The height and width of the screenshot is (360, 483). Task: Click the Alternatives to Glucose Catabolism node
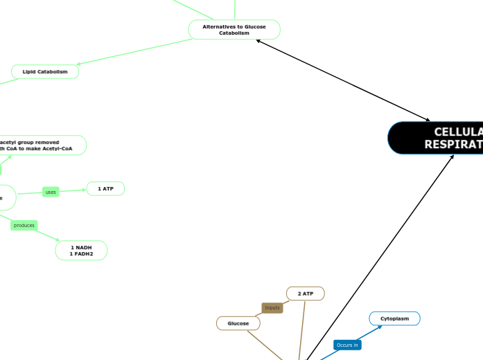(x=234, y=30)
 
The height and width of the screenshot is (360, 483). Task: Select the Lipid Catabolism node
(x=45, y=71)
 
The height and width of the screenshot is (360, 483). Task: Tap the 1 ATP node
(x=105, y=188)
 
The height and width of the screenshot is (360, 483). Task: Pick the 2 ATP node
(x=306, y=294)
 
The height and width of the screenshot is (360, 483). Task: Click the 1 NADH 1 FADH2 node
(x=81, y=251)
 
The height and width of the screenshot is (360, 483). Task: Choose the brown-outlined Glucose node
(x=238, y=323)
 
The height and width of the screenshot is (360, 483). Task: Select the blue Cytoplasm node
(x=394, y=318)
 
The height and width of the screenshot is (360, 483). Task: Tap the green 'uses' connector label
(x=51, y=192)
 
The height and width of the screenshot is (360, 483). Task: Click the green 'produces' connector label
(x=24, y=225)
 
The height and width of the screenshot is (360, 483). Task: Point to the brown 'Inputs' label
(x=272, y=307)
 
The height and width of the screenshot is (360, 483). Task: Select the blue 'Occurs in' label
(x=347, y=345)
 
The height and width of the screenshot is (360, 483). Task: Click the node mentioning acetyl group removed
(x=42, y=145)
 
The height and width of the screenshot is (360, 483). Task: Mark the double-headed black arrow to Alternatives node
(x=343, y=80)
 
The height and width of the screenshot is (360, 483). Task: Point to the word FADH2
(x=81, y=254)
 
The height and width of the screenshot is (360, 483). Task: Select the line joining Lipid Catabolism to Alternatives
(x=135, y=54)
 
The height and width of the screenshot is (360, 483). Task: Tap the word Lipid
(x=30, y=71)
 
